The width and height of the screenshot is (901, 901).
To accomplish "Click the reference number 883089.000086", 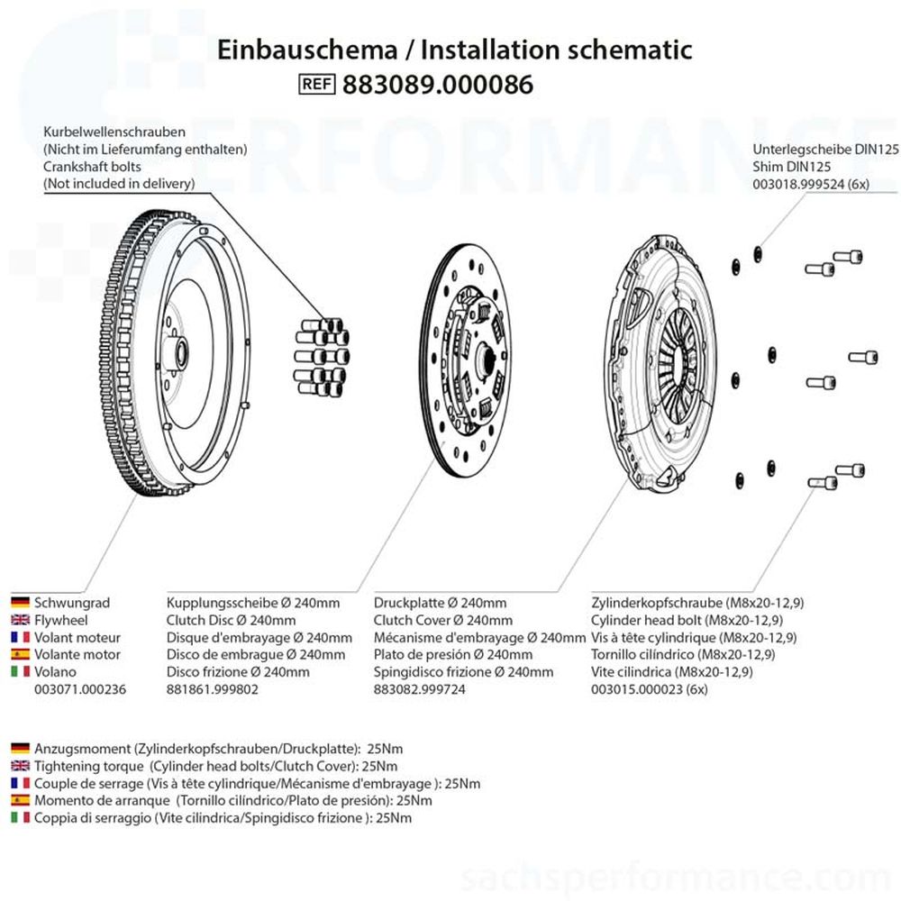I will [x=438, y=85].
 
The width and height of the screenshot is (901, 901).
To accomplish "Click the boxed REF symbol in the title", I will [x=316, y=85].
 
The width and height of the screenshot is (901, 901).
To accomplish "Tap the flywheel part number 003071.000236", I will [x=79, y=688].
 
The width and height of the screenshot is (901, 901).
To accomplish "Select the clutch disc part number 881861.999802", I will [x=212, y=688].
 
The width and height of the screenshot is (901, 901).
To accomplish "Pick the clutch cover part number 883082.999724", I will [x=419, y=688].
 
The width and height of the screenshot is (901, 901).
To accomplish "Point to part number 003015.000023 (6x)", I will [x=650, y=688].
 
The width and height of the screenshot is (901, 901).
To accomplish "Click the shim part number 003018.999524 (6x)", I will [x=811, y=183].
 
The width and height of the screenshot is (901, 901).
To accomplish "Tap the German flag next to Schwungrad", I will [x=20, y=603].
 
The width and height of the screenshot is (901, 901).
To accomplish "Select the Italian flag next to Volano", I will [x=20, y=671].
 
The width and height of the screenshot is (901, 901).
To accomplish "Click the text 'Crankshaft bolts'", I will [x=92, y=166].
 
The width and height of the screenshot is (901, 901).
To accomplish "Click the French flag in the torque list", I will [x=20, y=783].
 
